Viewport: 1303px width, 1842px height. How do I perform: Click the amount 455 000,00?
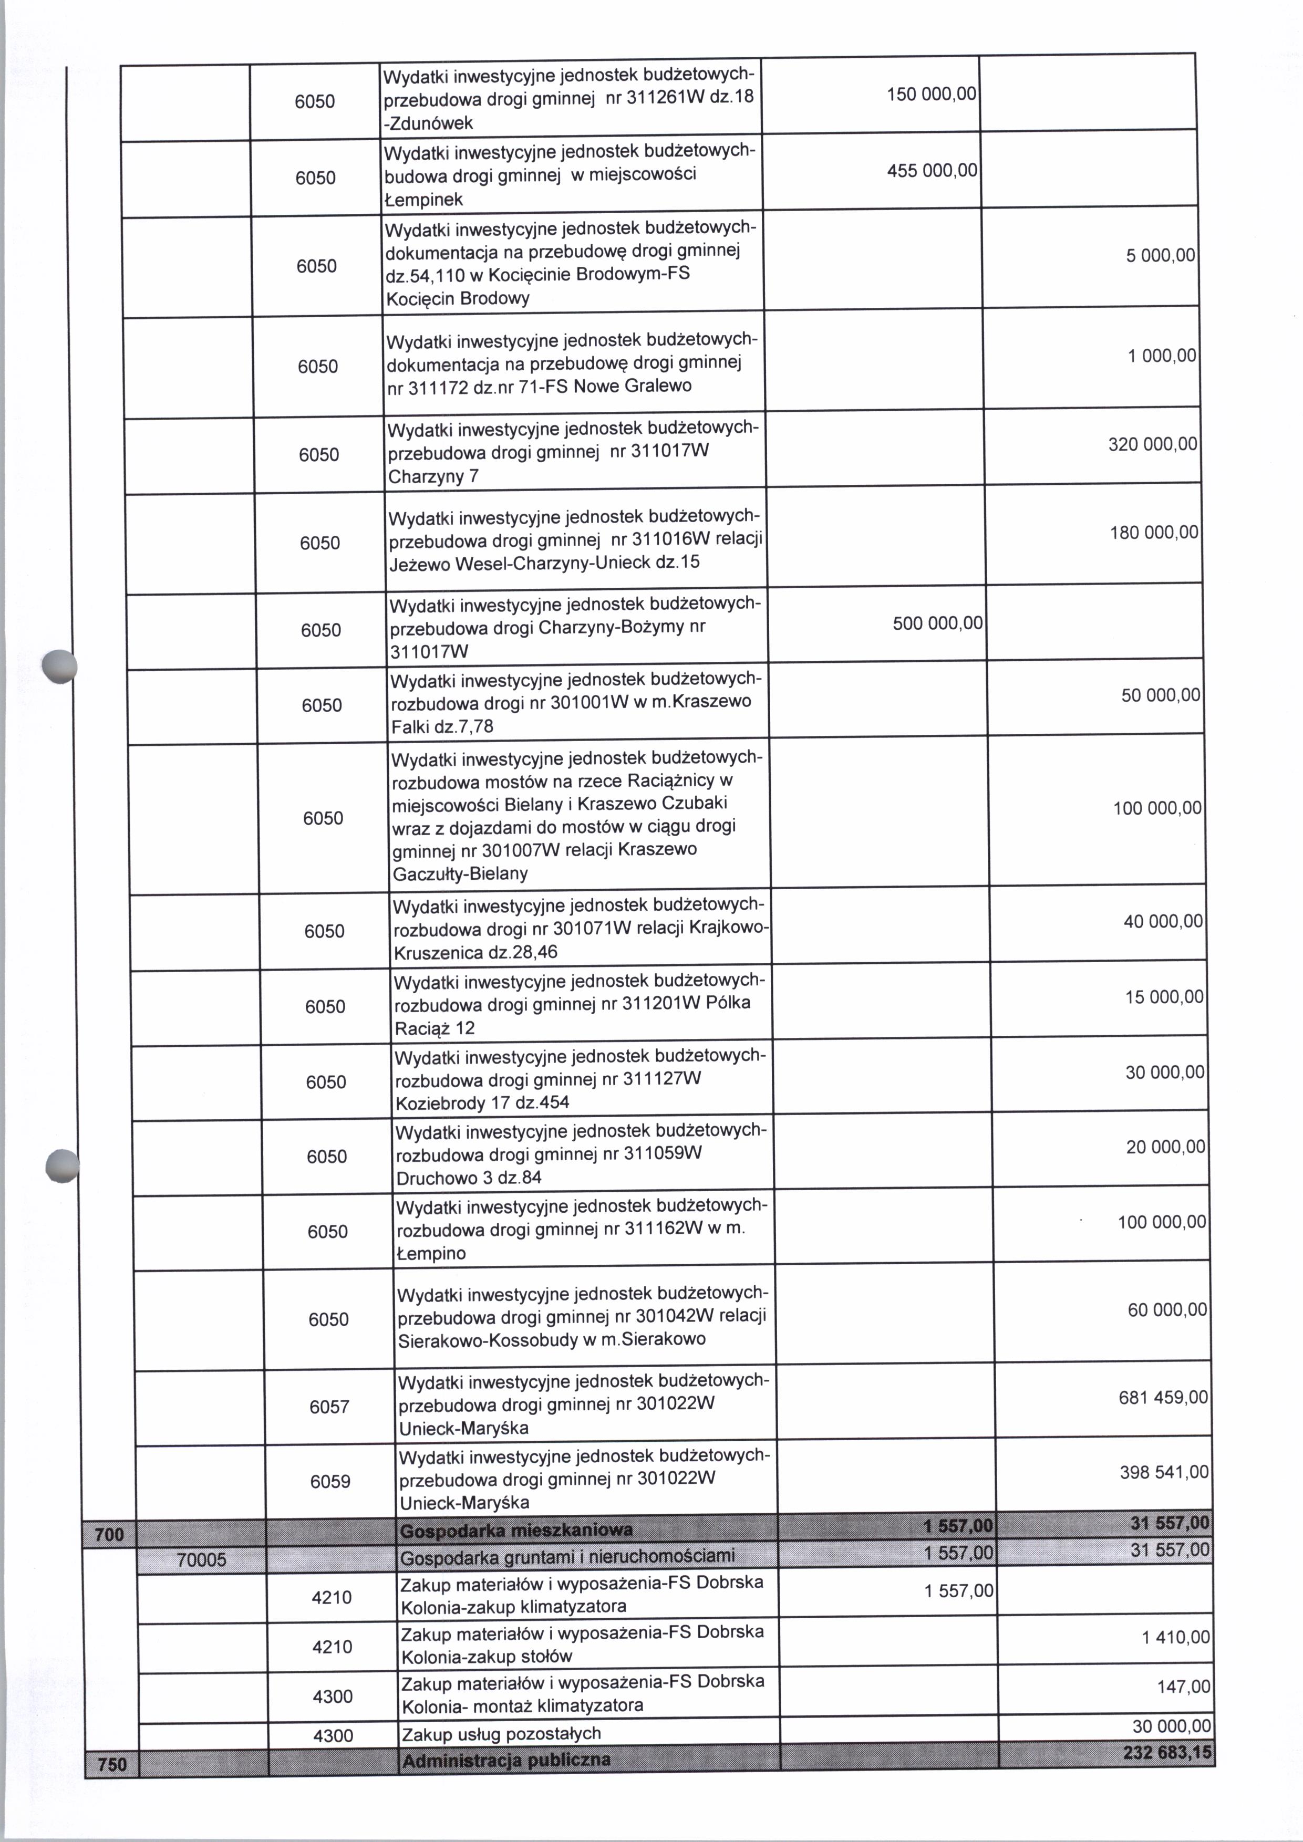pyautogui.click(x=932, y=171)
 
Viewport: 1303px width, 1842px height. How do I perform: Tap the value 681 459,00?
pyautogui.click(x=1163, y=1398)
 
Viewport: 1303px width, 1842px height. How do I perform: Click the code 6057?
pyautogui.click(x=329, y=1407)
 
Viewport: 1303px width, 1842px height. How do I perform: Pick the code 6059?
pyautogui.click(x=330, y=1481)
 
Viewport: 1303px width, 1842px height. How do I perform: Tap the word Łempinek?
pyautogui.click(x=423, y=200)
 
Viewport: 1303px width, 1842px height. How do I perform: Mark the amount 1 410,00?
pyautogui.click(x=1175, y=1638)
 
